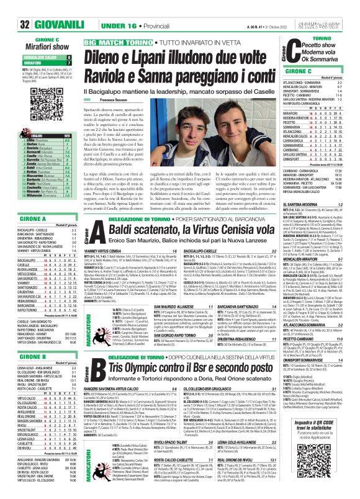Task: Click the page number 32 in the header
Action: (x=11, y=7)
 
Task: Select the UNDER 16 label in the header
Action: (x=102, y=7)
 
